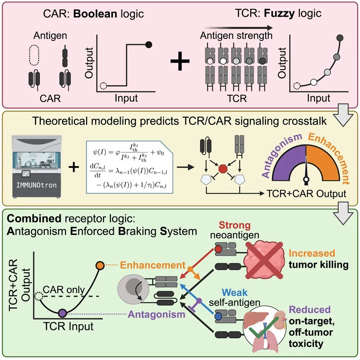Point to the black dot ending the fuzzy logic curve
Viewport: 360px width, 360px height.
[339, 38]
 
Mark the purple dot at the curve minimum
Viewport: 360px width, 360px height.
[62, 313]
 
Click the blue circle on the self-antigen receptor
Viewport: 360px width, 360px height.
[218, 317]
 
